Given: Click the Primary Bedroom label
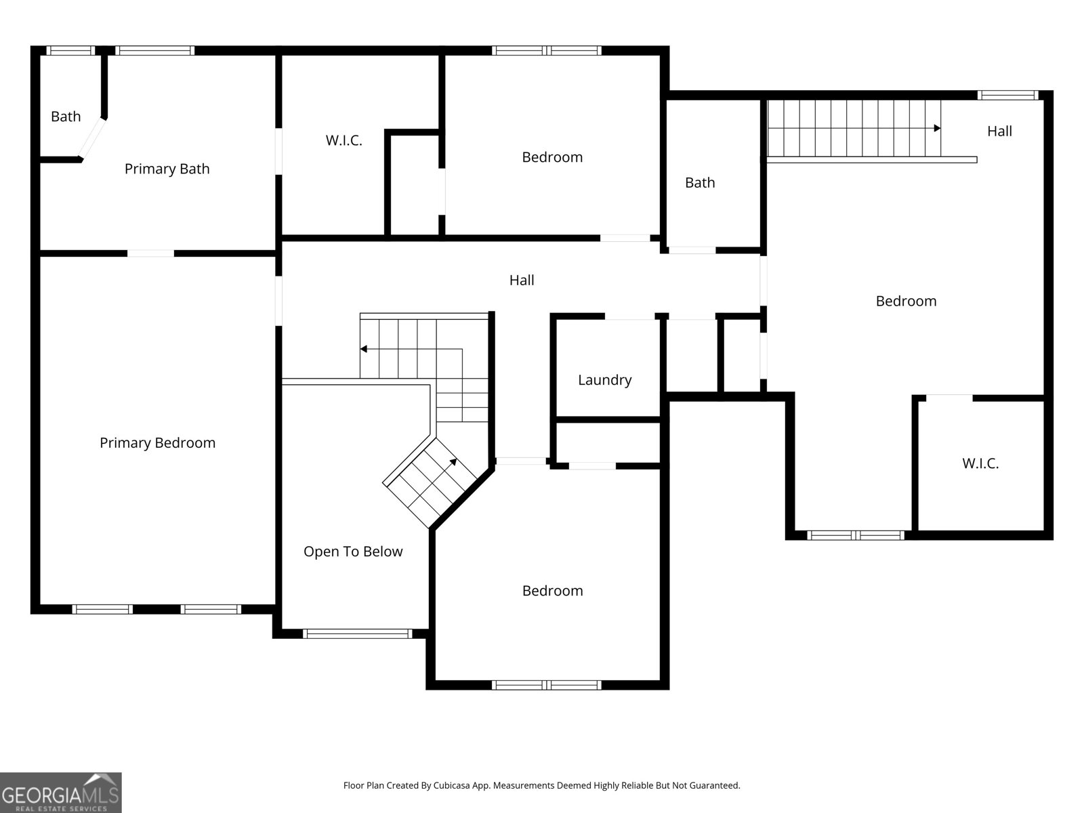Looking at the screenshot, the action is [158, 443].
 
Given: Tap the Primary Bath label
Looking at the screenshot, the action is [167, 169].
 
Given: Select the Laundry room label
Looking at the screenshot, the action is [605, 380].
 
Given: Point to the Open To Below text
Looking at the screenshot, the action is [353, 551].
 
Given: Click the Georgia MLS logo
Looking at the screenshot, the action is [61, 792].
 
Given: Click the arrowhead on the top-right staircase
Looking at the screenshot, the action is [937, 128].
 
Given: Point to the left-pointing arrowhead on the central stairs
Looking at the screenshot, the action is [363, 349].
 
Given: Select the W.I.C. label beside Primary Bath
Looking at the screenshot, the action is [343, 141].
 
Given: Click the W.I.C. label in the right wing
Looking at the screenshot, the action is [980, 463].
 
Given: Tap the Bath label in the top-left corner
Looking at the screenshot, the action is [66, 117].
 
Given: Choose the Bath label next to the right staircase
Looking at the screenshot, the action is [700, 183].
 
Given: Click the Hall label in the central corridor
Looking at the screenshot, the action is [522, 280].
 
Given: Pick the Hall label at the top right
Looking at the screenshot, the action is [999, 131].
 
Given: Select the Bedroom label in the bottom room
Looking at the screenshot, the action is [553, 591].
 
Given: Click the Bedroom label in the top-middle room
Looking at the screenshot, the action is [552, 157].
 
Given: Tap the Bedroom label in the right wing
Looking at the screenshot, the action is [906, 301].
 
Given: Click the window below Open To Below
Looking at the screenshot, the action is [358, 634].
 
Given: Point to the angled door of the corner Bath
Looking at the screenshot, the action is [92, 140].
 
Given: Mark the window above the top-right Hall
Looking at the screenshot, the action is [1008, 96].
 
